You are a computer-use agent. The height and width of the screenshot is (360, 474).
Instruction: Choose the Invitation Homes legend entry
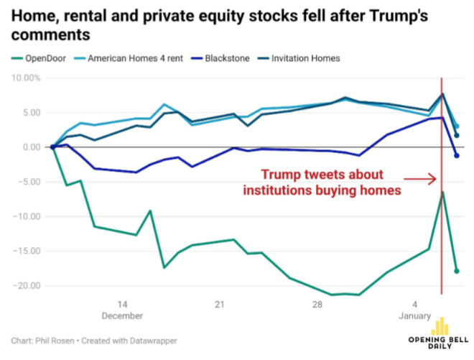tap(307, 57)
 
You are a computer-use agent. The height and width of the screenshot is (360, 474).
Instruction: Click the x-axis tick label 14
tap(123, 303)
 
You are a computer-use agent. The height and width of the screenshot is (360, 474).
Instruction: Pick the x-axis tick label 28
tap(317, 303)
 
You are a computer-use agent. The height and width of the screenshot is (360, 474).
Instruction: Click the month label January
tap(414, 315)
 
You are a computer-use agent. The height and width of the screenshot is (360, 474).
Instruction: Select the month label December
tap(123, 315)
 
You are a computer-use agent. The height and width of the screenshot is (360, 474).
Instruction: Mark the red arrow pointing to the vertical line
tap(422, 179)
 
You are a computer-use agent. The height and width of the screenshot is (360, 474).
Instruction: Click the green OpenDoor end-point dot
tap(456, 271)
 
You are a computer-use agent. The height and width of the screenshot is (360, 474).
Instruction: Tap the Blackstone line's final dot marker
tap(456, 155)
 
